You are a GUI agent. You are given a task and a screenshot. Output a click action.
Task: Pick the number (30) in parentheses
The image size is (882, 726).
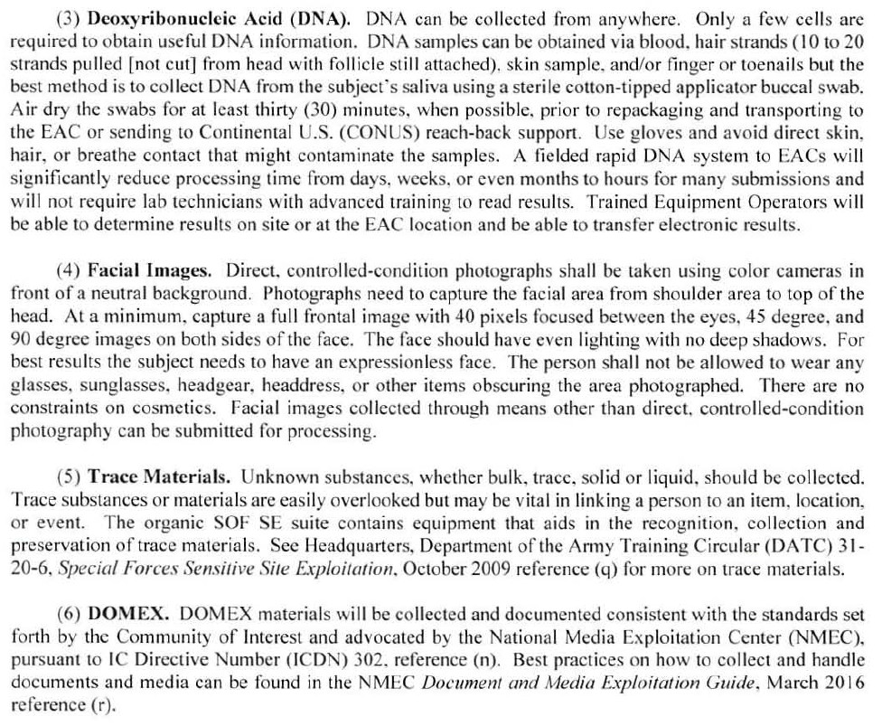[x=325, y=110]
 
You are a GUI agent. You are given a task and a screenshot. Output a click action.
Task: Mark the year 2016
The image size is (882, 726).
[x=845, y=684]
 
